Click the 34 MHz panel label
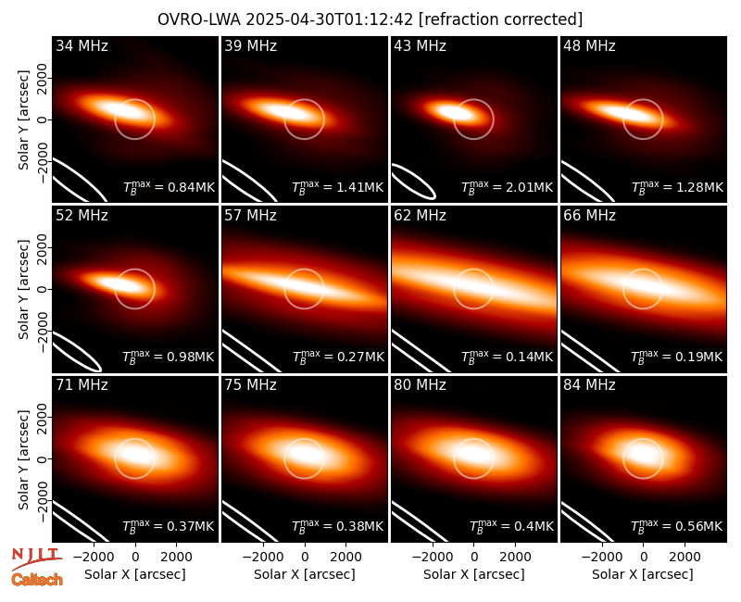coord(82,45)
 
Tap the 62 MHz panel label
coord(420,216)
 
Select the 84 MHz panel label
coord(589,385)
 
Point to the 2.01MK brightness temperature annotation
coord(507,187)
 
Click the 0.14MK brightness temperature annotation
coord(507,357)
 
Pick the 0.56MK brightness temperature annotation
coord(677,526)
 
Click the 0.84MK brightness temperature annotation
coord(169,187)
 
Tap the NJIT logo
coord(36,558)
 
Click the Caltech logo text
coord(37,580)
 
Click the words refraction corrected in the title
coord(501,19)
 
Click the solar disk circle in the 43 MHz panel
coord(473,99)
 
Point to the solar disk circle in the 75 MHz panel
coord(305,439)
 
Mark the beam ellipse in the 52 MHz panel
coord(77,352)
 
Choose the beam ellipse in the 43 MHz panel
coord(414,181)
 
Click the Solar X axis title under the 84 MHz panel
coord(643,574)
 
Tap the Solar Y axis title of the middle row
coord(23,289)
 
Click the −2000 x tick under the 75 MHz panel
coord(263,557)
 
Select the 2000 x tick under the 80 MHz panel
coord(515,557)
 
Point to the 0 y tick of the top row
coord(43,119)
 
